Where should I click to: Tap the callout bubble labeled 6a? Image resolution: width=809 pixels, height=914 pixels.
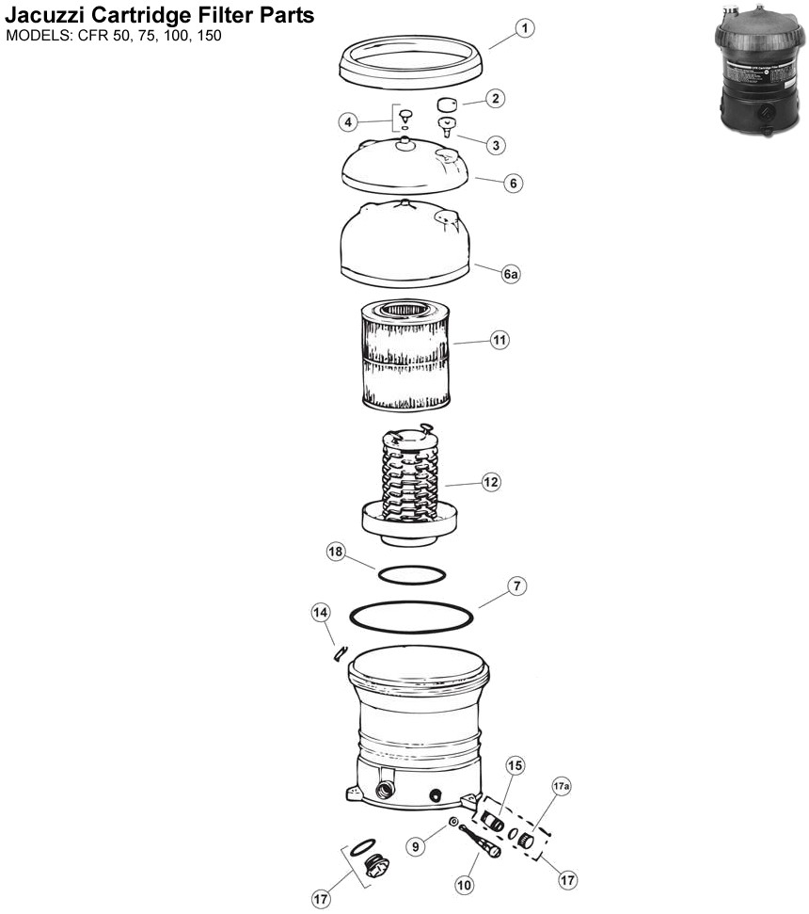coord(511,274)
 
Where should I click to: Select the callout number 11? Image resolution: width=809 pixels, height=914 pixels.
coord(500,341)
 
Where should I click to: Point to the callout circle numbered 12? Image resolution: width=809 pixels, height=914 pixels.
coord(490,482)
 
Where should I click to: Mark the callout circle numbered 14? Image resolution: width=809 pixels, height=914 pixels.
coord(322,613)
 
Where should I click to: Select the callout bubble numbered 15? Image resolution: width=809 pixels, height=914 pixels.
coord(516,766)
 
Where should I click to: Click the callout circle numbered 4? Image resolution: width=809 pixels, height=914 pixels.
coord(349,121)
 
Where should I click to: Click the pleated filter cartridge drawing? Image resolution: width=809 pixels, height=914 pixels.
coord(404,353)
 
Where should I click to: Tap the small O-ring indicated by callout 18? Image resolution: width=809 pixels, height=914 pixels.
coord(411,573)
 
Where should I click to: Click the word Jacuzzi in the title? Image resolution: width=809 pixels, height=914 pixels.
coord(47,17)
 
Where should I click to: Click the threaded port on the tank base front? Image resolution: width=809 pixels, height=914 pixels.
coord(385,789)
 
